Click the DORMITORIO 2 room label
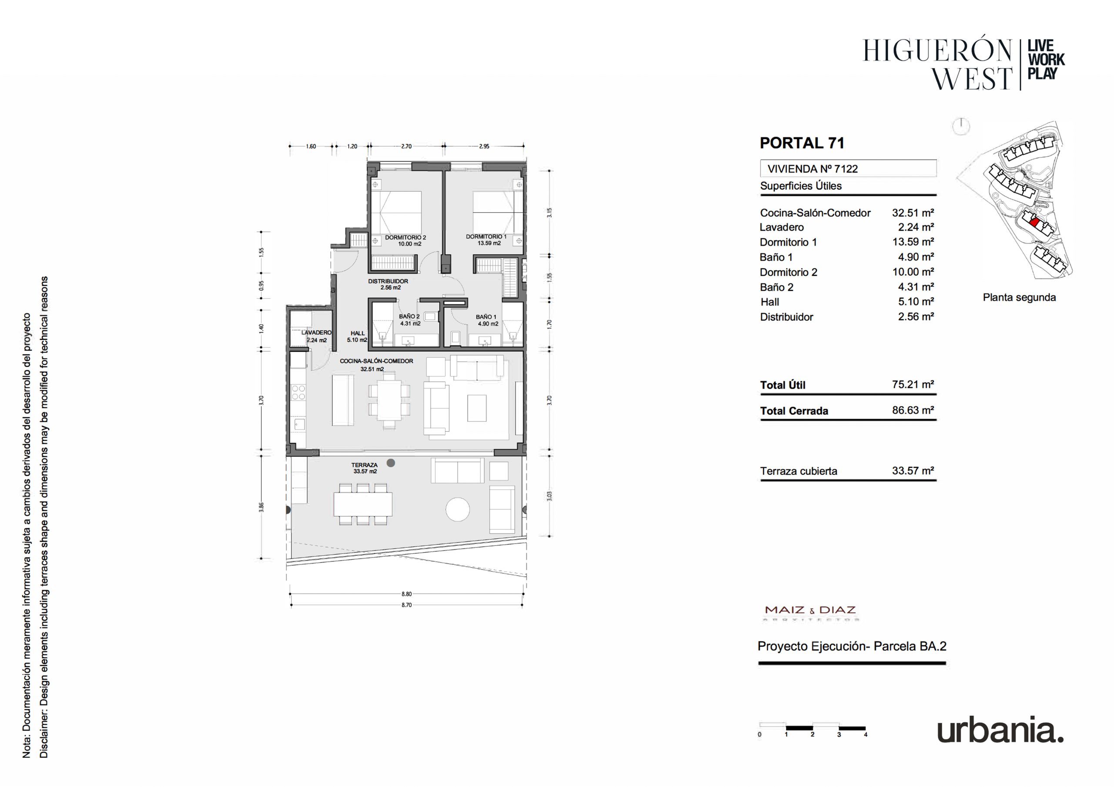(x=405, y=237)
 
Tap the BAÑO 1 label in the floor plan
(x=486, y=317)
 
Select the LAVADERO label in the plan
(x=316, y=333)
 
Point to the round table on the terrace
(x=457, y=510)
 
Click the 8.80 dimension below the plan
(x=406, y=594)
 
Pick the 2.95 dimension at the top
(x=484, y=146)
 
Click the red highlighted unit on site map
(x=1033, y=223)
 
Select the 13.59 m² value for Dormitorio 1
(x=913, y=242)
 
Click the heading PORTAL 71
(x=802, y=143)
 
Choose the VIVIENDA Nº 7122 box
(x=848, y=168)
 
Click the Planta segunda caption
(x=1019, y=297)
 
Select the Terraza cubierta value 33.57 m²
(x=913, y=471)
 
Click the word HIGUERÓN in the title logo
(x=937, y=51)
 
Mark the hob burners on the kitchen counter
(x=299, y=392)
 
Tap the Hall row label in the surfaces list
(x=769, y=302)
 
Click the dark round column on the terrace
(x=391, y=463)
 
